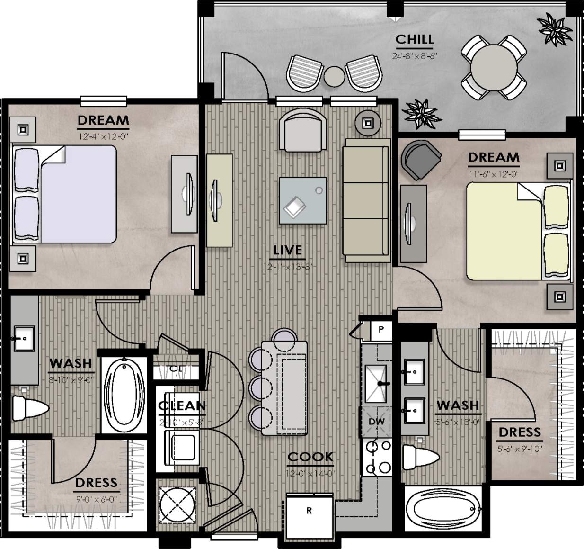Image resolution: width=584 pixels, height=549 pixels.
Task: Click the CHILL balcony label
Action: (x=414, y=39)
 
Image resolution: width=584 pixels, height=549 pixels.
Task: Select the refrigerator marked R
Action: (x=310, y=512)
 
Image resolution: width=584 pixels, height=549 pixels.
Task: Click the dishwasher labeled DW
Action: (x=377, y=422)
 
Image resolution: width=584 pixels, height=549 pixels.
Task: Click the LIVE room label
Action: (x=287, y=250)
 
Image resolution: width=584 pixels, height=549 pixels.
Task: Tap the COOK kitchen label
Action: (x=310, y=457)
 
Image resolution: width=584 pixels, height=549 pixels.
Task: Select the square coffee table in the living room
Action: (x=303, y=200)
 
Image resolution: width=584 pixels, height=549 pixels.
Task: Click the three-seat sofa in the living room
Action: (x=367, y=200)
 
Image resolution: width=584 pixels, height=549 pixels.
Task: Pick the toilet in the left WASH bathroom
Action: (x=29, y=408)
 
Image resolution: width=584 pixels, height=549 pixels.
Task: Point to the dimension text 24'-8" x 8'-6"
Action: (x=414, y=55)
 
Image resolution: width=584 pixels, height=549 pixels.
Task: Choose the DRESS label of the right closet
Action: (x=519, y=432)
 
